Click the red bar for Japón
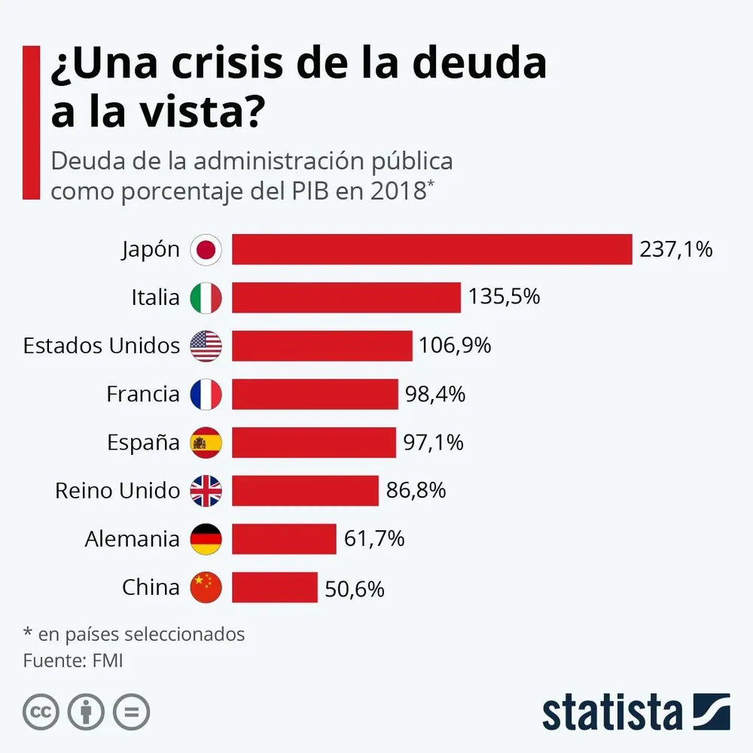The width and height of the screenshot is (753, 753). point(431,249)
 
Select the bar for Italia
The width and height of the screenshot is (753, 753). point(346,297)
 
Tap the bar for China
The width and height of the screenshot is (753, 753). point(275,587)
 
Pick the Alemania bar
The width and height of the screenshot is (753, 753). point(284,539)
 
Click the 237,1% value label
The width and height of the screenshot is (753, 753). point(675,249)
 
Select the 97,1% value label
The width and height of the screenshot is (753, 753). point(433,443)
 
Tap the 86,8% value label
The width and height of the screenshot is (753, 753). point(416,491)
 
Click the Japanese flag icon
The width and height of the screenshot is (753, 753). point(206,249)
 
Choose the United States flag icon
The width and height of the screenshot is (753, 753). point(206,346)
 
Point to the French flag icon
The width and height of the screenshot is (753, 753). point(206,394)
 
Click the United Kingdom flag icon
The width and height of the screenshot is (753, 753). point(206,491)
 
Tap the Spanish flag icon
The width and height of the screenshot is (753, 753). point(206,443)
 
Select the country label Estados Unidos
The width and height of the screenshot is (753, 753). point(102,346)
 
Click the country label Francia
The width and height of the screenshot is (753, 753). point(143,394)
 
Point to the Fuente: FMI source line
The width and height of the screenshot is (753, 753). point(72,661)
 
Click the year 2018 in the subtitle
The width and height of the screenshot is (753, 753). point(398,191)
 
